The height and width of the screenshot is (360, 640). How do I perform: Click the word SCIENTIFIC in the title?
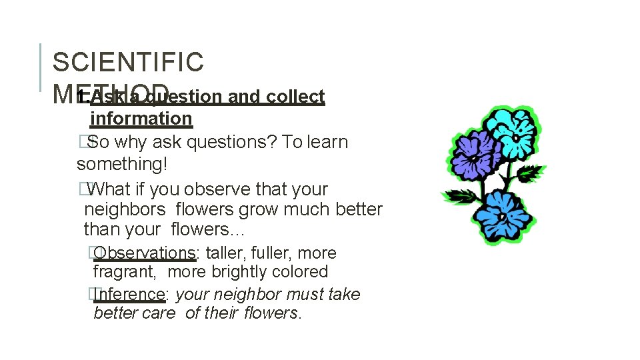click(x=128, y=62)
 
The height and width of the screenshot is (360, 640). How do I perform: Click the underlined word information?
click(x=141, y=119)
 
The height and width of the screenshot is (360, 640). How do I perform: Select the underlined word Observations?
click(x=145, y=253)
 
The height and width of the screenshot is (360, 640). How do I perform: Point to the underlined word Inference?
click(x=129, y=294)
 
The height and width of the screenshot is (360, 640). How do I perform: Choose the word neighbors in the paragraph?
click(x=125, y=209)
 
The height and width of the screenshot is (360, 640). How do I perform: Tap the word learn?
click(x=327, y=142)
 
